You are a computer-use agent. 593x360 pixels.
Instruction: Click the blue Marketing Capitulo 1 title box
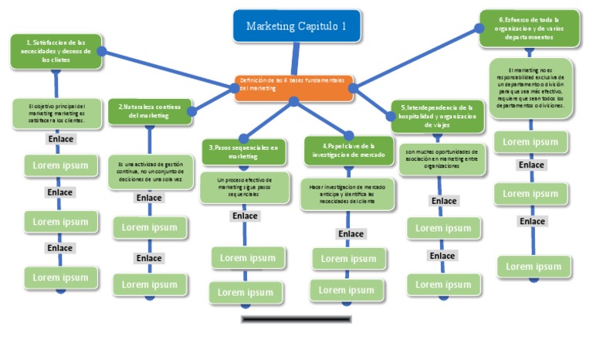(x=296, y=26)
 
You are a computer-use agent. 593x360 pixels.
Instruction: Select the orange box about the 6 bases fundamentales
(x=294, y=83)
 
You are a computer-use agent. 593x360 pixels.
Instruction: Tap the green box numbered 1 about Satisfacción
(x=56, y=51)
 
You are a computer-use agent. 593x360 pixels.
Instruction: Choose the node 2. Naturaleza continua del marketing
(x=149, y=110)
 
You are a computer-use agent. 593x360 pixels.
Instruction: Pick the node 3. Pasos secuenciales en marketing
(x=244, y=151)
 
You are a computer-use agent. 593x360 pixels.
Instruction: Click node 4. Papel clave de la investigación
(x=348, y=150)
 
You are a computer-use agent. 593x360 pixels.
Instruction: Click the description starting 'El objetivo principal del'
(x=57, y=114)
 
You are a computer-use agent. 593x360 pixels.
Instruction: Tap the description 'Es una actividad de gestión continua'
(x=150, y=171)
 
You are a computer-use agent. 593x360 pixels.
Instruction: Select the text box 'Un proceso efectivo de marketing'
(x=244, y=188)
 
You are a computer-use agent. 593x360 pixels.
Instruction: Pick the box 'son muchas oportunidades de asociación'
(x=442, y=158)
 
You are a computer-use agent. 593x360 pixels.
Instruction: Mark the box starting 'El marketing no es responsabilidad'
(x=530, y=87)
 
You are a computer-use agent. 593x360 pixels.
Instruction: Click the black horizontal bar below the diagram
(x=296, y=318)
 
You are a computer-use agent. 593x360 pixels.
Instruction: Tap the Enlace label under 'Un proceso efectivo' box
(x=245, y=216)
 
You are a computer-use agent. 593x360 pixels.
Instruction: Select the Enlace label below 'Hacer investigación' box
(x=351, y=233)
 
